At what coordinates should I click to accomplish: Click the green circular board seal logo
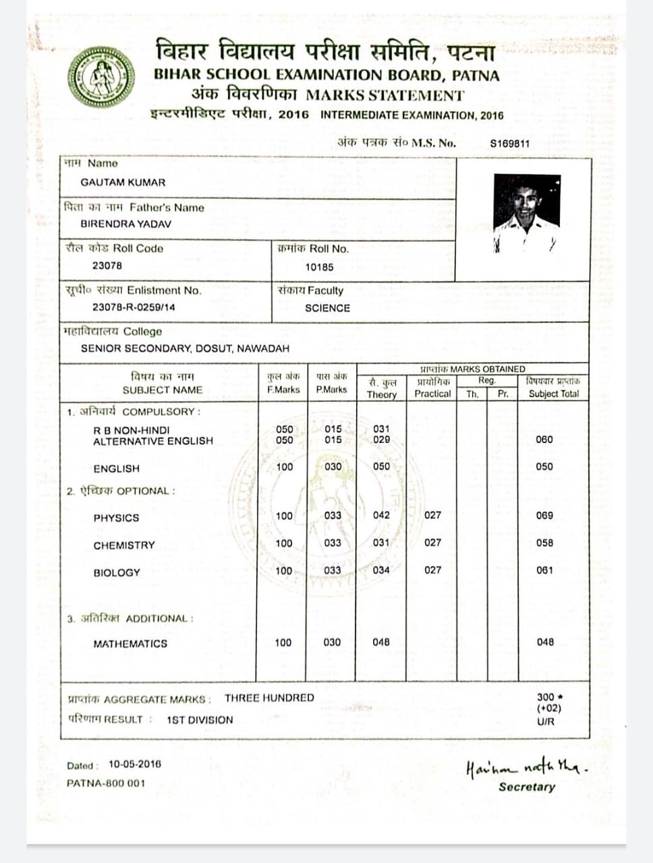point(101,77)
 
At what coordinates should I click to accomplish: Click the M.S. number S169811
point(509,143)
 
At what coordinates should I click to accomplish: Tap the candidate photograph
point(527,212)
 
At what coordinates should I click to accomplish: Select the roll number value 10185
point(319,267)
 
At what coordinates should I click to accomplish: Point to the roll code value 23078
point(107,266)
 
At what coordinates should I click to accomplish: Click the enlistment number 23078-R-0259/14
point(134,307)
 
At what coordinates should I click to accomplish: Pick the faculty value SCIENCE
point(327,308)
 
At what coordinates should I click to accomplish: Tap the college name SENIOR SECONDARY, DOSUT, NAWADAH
point(185,349)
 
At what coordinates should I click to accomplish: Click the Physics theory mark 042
point(381,515)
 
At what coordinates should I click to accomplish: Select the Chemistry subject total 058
point(544,543)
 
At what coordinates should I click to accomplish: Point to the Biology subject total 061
point(544,570)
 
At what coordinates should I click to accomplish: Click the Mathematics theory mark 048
point(381,643)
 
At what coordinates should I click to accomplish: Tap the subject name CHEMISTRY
point(124,545)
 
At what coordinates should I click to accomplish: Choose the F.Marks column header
point(283,389)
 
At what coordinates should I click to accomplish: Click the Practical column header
point(432,393)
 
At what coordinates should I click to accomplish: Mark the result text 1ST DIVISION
point(200,720)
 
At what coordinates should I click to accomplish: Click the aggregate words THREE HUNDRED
point(269,698)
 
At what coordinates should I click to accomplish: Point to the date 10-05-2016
point(135,764)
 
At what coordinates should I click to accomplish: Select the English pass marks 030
point(333,467)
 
